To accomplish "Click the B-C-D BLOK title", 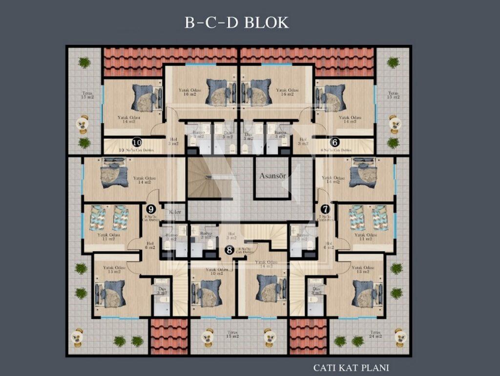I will click(x=237, y=22).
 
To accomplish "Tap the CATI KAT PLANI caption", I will click(x=351, y=367).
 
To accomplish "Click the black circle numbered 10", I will click(x=137, y=143).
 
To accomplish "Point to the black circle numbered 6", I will click(x=334, y=143).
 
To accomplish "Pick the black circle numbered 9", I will click(x=151, y=209).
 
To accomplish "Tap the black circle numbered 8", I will click(x=229, y=250).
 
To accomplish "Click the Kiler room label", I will click(x=174, y=212).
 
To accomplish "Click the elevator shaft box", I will click(x=272, y=178).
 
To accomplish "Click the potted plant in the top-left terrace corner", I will click(x=84, y=63).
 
